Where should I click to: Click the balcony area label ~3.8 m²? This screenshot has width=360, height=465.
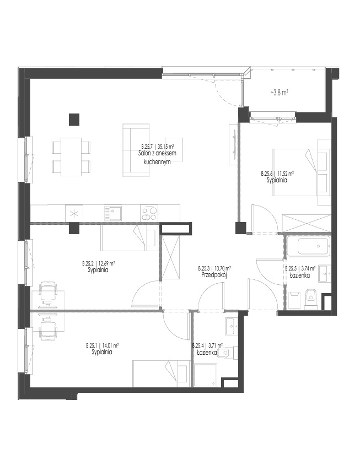279,93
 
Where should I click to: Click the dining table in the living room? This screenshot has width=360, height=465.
71,156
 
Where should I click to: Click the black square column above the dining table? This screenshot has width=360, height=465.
74,120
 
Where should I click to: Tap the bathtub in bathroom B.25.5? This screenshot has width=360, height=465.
308,246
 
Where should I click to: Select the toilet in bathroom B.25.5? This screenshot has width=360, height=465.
311,299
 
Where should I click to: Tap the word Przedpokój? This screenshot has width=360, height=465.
214,275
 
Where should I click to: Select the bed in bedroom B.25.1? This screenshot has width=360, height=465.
161,374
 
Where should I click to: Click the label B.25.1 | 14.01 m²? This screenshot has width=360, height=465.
103,345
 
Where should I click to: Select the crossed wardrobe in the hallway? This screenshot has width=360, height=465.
170,257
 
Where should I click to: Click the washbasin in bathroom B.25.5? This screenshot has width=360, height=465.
325,273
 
